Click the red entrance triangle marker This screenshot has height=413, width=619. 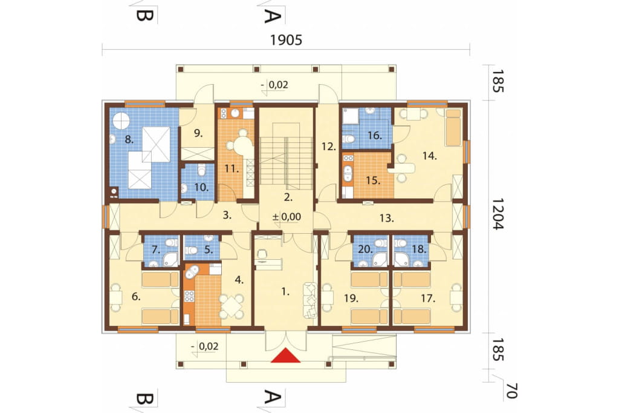coord(286,355)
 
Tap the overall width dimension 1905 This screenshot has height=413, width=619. coord(286,40)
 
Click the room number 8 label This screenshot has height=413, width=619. coord(129,139)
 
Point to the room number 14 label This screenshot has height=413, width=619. coord(430,156)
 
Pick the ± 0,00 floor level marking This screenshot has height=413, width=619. coord(287,217)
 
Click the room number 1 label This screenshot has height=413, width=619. coord(285,292)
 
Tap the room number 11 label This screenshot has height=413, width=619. coord(232,169)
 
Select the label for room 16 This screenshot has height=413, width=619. coord(375,135)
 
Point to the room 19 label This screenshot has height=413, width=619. coord(351,298)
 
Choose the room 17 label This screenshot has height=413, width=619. coord(427,298)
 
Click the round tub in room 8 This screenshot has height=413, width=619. coord(122,121)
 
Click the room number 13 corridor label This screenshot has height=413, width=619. coord(387,218)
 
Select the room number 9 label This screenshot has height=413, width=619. coord(198,133)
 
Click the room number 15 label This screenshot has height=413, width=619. coord(373,180)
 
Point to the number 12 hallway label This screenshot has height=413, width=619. coord(328,147)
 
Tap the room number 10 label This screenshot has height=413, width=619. coord(201,187)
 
